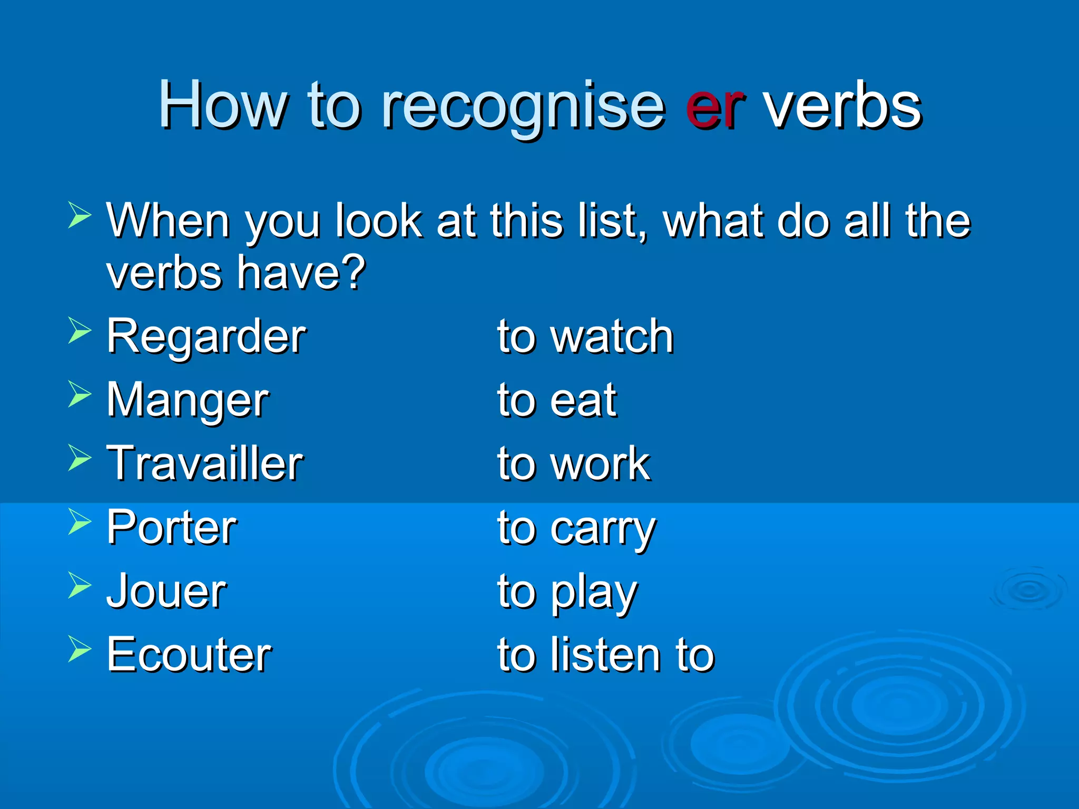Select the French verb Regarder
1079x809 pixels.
click(x=206, y=337)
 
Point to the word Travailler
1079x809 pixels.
click(x=205, y=464)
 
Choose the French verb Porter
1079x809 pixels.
click(x=172, y=528)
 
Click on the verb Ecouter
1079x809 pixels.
click(x=189, y=655)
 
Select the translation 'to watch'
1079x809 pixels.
click(x=585, y=337)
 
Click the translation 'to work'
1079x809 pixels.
click(x=574, y=464)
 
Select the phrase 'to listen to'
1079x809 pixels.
click(x=606, y=655)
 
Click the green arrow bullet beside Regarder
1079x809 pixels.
click(x=80, y=331)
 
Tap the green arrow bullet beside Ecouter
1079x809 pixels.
click(x=80, y=649)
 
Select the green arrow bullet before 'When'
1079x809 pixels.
click(x=80, y=215)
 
